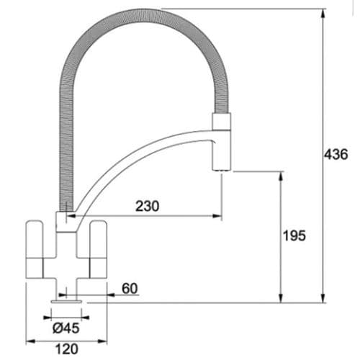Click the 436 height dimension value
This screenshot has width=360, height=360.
tap(336, 155)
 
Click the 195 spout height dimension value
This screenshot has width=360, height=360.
tap(294, 235)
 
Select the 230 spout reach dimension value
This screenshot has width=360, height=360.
tap(147, 206)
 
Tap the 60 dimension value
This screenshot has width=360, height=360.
tap(130, 289)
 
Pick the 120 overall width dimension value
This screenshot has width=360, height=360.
tap(66, 351)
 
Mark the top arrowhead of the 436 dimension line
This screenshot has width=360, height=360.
tap(321, 12)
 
